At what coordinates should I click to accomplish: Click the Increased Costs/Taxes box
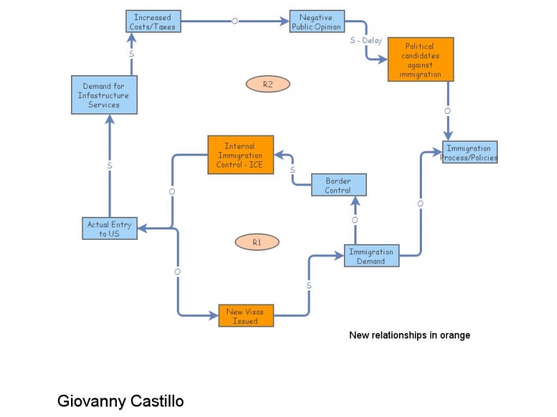[x=152, y=22]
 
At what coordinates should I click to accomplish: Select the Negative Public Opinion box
[x=317, y=22]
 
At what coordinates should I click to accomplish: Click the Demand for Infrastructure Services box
[x=104, y=95]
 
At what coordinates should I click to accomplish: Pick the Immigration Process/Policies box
[x=469, y=153]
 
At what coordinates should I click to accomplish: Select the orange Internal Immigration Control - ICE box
[x=240, y=154]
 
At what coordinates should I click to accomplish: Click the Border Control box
[x=338, y=186]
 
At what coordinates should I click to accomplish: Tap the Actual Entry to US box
[x=109, y=229]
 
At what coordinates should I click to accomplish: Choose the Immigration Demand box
[x=371, y=256]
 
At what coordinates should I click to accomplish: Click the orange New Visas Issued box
[x=245, y=316]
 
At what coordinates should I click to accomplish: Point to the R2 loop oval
[x=267, y=84]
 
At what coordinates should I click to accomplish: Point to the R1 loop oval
[x=257, y=243]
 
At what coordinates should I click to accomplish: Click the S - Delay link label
[x=366, y=40]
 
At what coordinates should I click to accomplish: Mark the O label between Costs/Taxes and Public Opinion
[x=235, y=22]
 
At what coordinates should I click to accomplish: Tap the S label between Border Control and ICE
[x=292, y=170]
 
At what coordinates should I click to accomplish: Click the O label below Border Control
[x=354, y=220]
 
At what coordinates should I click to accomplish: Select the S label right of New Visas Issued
[x=308, y=286]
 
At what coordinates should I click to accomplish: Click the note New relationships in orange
[x=409, y=335]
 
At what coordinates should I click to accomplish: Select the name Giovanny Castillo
[x=120, y=401]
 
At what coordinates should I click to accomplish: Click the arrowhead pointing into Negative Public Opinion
[x=285, y=22]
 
